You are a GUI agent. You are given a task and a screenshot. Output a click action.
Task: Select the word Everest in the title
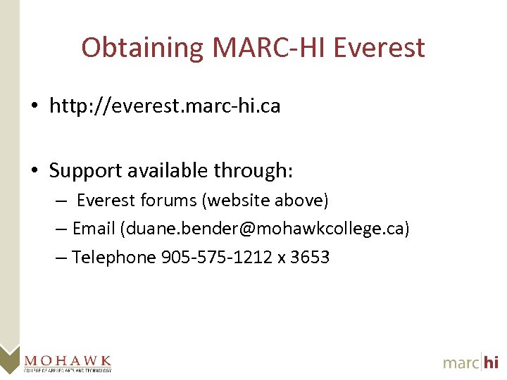[380, 48]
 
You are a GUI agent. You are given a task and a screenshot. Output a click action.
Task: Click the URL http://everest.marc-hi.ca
[165, 106]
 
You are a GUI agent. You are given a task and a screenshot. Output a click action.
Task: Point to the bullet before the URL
[34, 107]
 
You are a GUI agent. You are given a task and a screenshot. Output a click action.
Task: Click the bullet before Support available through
[34, 171]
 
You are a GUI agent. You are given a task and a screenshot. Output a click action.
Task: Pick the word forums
[169, 201]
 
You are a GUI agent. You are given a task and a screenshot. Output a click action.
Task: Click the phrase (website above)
[265, 201]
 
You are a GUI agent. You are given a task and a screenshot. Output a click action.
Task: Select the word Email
[94, 229]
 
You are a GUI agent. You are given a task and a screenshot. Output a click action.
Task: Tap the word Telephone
[114, 258]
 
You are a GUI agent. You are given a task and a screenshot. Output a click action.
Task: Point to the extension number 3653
[310, 258]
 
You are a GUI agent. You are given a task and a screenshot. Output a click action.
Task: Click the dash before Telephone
[61, 258]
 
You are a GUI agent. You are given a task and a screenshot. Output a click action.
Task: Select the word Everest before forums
[106, 201]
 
